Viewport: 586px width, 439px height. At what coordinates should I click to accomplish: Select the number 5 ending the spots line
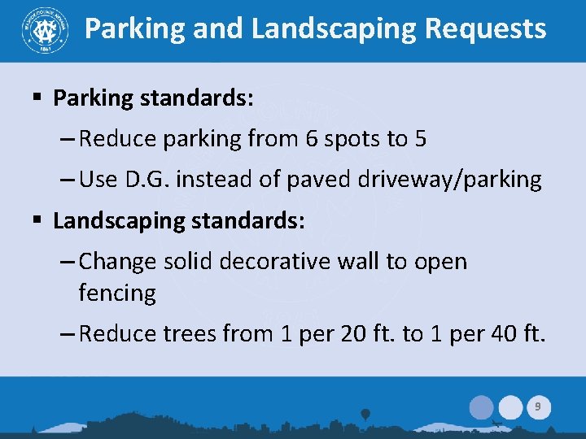tap(420, 139)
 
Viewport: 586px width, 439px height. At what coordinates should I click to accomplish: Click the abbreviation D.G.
tap(147, 180)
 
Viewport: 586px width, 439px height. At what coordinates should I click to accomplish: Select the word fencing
tap(117, 293)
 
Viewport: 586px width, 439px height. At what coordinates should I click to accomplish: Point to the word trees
tap(193, 333)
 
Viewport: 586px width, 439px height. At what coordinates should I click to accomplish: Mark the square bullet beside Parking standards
tap(37, 98)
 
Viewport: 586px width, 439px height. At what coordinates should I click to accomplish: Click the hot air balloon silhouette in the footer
tap(365, 415)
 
